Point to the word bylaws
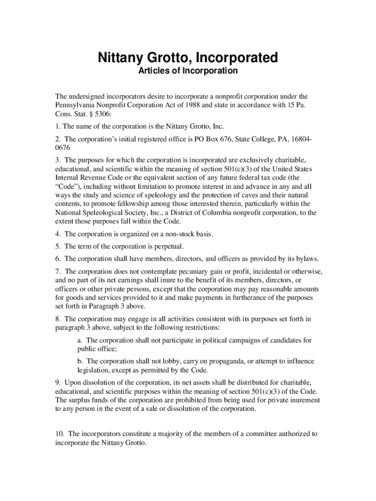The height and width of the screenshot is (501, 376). [308, 259]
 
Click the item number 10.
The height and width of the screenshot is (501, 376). [60, 433]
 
